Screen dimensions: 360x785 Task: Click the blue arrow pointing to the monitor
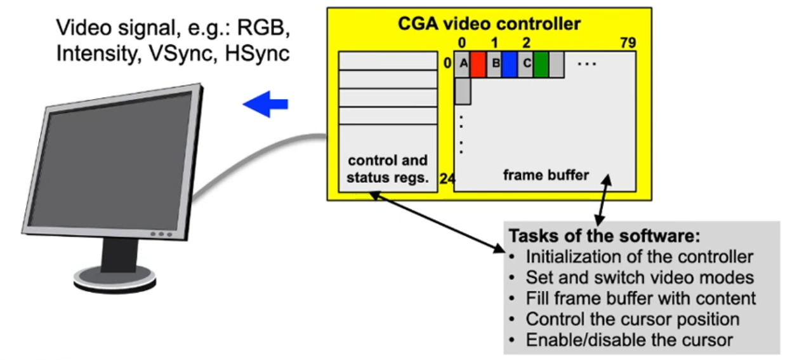(266, 103)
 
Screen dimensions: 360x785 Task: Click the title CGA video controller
(489, 24)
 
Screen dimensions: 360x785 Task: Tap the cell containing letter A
(463, 64)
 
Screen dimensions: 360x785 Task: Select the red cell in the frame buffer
(478, 64)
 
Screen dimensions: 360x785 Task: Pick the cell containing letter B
(494, 64)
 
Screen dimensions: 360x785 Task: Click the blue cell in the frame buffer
(510, 64)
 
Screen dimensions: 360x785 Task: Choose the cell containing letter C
(525, 64)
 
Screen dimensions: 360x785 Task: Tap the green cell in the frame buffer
(541, 64)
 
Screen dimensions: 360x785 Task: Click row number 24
(447, 180)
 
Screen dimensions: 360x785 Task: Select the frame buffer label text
(546, 175)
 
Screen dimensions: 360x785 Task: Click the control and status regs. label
(388, 170)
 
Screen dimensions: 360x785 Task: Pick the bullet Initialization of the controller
(639, 257)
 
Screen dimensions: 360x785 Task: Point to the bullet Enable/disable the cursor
(629, 340)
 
